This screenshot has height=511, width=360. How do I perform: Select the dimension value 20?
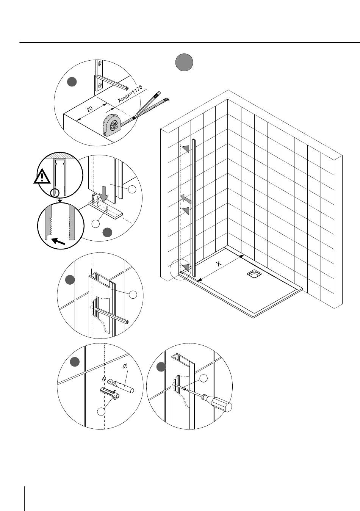point(89,109)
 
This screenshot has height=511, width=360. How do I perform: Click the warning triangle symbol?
point(42,177)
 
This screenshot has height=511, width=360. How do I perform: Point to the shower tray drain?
point(253,273)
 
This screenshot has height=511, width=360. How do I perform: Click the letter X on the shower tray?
point(219,264)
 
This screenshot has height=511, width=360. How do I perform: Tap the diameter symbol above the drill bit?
point(125,366)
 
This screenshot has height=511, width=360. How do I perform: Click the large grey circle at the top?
point(184,63)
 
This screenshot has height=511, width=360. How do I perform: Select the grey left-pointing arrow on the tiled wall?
point(185,198)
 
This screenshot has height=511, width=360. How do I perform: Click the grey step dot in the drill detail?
point(75,362)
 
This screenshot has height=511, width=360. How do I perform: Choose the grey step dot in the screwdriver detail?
point(161,367)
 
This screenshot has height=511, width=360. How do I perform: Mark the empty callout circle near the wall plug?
point(100,412)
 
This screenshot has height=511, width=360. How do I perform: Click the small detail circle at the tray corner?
point(179,269)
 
